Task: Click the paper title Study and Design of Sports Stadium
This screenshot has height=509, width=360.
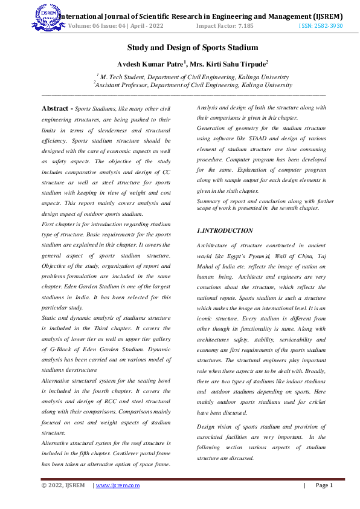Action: coord(192,48)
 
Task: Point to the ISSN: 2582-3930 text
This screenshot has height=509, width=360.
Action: coord(321,26)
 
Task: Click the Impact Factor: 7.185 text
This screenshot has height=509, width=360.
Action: coord(225,26)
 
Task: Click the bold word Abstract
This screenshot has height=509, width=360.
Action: coord(55,108)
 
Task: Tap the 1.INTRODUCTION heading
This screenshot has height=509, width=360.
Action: coord(225,231)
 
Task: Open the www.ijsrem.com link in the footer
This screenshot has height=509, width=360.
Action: coord(118,485)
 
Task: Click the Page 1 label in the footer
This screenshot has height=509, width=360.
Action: coord(324,485)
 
